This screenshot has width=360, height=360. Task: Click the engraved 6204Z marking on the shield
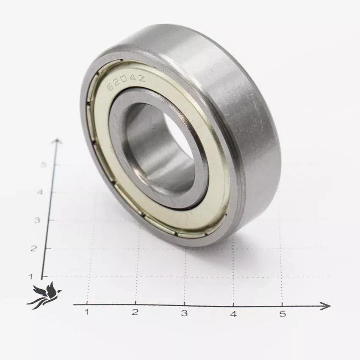point(126,83)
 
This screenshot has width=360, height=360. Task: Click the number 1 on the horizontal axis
point(86,312)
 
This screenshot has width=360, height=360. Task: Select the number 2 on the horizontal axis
point(135,312)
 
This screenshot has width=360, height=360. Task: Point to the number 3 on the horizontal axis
point(184,313)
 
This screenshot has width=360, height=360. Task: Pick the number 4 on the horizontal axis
point(233,314)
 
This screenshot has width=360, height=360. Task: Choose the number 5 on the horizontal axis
point(282,314)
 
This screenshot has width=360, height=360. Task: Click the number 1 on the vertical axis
point(31,277)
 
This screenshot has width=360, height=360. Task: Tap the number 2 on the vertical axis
point(33,248)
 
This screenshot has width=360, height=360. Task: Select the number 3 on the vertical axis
point(37,220)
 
